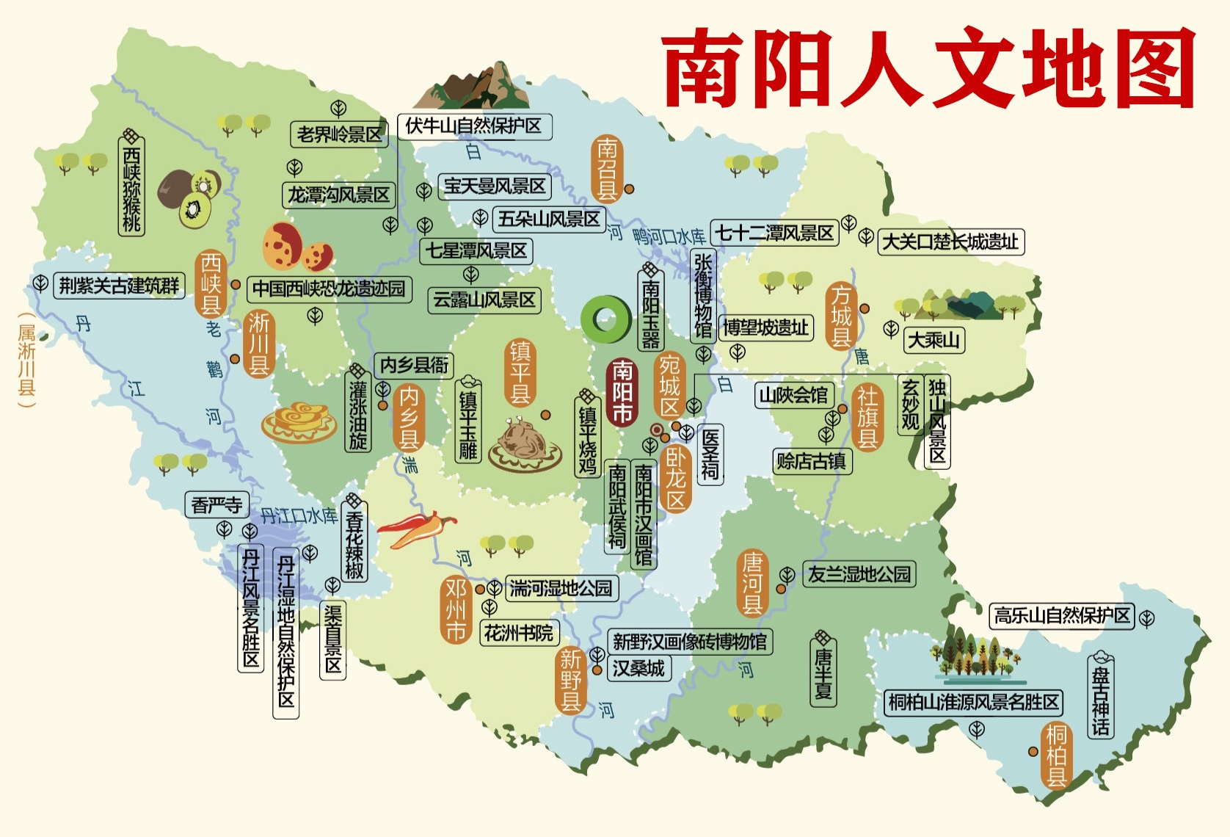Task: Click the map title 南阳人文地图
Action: coord(928,68)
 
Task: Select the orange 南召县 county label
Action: coord(606,169)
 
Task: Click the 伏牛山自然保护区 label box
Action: coord(473,126)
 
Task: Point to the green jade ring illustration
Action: coord(605,319)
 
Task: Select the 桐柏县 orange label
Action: coord(1056,755)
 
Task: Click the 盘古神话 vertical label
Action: coord(1100,695)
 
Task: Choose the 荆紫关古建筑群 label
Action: coord(119,286)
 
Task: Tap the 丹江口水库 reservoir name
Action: coord(299,515)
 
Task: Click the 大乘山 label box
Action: coord(934,340)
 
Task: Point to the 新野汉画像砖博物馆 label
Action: coord(689,642)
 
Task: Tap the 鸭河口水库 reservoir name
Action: coord(669,236)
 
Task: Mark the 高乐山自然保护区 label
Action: coord(1061,615)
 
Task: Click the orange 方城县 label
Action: coord(841,316)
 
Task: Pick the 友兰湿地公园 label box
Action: coord(859,574)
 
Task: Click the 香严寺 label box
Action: coord(216,505)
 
